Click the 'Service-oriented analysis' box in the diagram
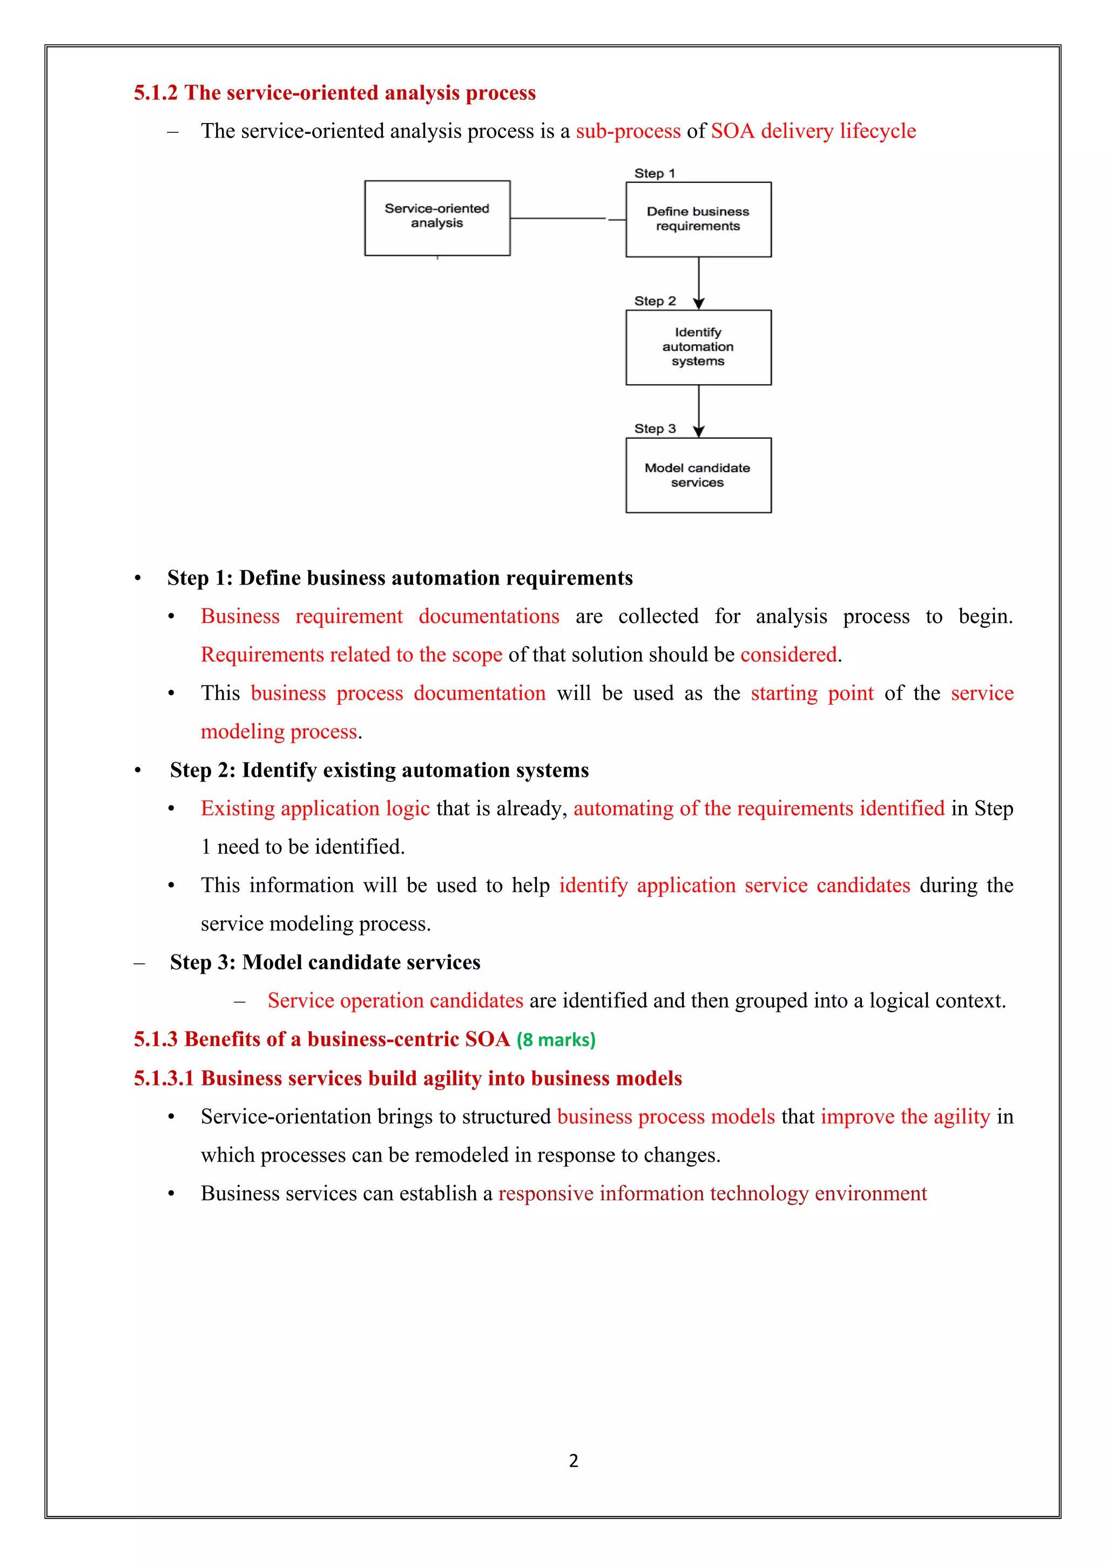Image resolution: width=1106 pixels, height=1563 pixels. tap(437, 218)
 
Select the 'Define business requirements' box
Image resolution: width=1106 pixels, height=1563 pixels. tap(698, 219)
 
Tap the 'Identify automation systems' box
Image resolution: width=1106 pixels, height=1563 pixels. tap(698, 347)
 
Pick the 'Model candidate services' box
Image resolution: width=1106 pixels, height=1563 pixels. tap(698, 475)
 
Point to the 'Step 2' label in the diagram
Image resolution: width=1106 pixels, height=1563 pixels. tap(655, 301)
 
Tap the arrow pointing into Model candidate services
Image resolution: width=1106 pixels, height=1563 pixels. tap(699, 411)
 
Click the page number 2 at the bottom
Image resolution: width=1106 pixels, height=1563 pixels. tap(574, 1461)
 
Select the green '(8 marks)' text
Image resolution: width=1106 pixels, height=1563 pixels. tap(556, 1040)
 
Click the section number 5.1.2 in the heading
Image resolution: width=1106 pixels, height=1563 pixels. tap(156, 93)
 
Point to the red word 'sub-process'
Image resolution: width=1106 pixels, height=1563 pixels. tap(628, 131)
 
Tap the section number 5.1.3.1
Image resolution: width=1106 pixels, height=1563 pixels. tap(164, 1078)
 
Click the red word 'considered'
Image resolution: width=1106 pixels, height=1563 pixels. tap(788, 655)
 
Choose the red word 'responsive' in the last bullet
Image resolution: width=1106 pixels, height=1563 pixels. tap(545, 1193)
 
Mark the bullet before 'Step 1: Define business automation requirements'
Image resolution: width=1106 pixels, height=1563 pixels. tap(138, 579)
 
